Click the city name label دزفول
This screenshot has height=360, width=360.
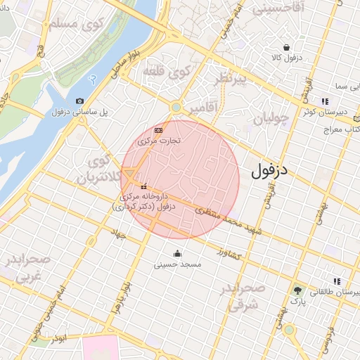click(274, 170)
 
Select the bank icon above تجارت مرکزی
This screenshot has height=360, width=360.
click(158, 130)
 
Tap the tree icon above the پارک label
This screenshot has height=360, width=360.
click(299, 290)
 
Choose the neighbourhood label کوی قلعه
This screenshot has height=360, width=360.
click(167, 71)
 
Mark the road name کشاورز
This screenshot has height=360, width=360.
click(229, 252)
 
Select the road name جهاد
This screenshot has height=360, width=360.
click(117, 233)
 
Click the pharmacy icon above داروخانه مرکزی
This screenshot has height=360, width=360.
click(144, 186)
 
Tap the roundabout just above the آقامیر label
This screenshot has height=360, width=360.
click(176, 107)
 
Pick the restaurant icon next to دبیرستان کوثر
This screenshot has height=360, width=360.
click(324, 101)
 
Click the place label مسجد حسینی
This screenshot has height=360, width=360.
click(181, 265)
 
